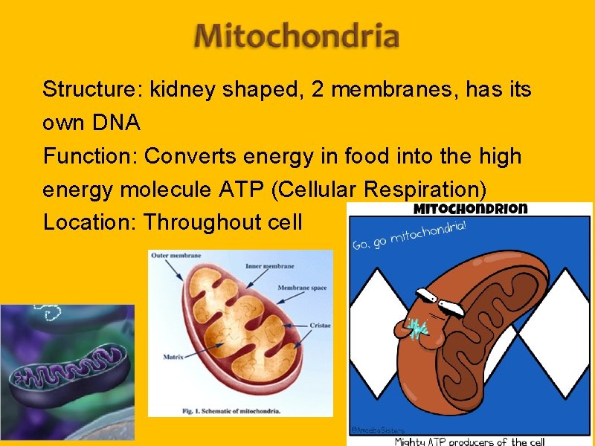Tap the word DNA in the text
pyautogui.click(x=117, y=123)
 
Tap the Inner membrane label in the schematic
pyautogui.click(x=274, y=266)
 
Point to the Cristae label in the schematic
pyautogui.click(x=320, y=325)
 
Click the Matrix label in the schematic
pyautogui.click(x=173, y=358)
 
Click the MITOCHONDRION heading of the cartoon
pyautogui.click(x=470, y=209)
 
